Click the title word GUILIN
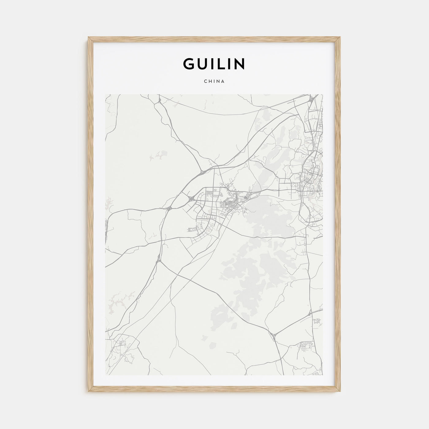coord(214,64)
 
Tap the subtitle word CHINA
coord(214,82)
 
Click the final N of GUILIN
coord(240,64)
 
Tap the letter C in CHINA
coord(205,82)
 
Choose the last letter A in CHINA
coord(223,82)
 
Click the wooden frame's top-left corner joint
coord(89,39)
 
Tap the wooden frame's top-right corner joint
coord(340,39)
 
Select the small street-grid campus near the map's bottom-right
coord(306,346)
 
